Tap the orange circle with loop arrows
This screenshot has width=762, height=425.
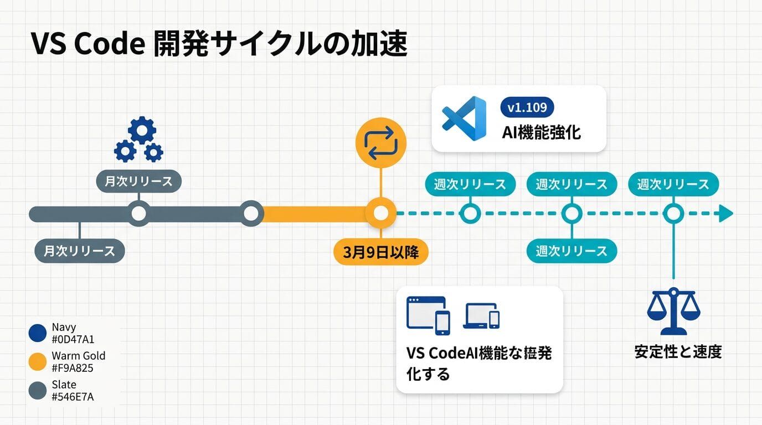coord(380,143)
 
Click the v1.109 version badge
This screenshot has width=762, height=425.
coord(527,107)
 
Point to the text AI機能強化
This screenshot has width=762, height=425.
coord(541,132)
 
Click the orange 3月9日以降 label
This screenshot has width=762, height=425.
coord(381,252)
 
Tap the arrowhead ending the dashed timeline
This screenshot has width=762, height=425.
coord(725,214)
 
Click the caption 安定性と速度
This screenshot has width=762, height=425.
coord(678,351)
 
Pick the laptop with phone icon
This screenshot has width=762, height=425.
coord(482,316)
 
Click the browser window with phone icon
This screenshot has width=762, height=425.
coord(428,315)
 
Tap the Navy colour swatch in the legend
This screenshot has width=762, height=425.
coord(37,333)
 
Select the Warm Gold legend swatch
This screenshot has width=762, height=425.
coord(37,362)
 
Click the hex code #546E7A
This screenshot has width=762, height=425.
coord(73,396)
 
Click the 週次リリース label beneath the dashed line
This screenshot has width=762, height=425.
coord(571,251)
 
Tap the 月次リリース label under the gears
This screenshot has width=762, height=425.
coord(138,181)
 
